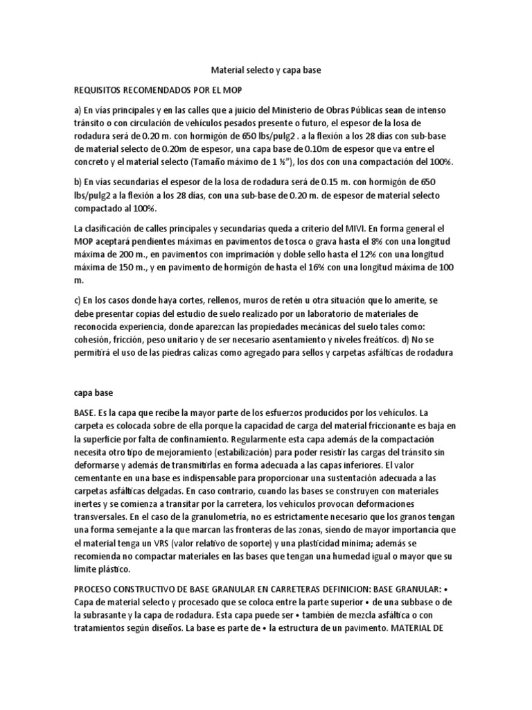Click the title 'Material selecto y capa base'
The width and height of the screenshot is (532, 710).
266,71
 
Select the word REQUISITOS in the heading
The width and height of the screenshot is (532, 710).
101,91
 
